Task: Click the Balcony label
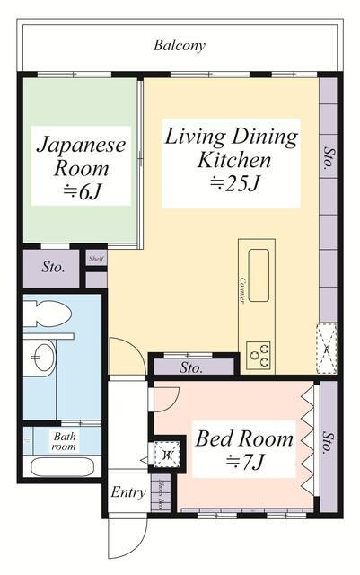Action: point(180,45)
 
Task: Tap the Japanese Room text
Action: point(81,155)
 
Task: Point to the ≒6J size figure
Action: point(81,190)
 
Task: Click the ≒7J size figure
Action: point(244,464)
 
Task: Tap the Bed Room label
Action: point(244,439)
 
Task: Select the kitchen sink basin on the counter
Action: point(259,267)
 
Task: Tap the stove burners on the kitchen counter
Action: point(259,353)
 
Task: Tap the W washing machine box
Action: point(167,455)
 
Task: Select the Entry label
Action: point(128,492)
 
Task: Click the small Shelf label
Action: point(96,259)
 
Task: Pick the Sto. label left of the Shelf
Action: point(53,267)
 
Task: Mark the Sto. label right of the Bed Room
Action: point(329,441)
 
